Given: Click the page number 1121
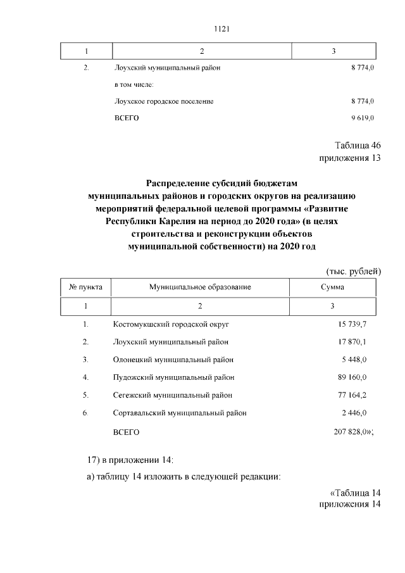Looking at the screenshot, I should click(202, 28).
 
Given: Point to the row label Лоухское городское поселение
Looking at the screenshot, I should click(163, 101).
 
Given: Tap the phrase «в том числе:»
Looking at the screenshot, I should click(134, 84).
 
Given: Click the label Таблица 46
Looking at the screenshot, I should click(357, 146).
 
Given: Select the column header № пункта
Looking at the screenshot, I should click(85, 287).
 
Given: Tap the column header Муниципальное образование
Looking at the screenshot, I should click(200, 287).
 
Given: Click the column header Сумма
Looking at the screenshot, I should click(332, 287).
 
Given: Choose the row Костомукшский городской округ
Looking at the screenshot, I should click(170, 324).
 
